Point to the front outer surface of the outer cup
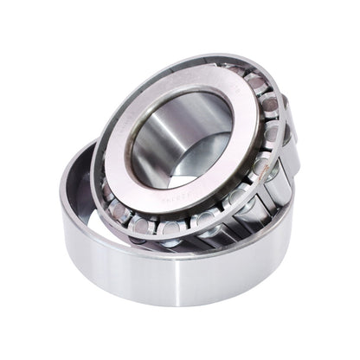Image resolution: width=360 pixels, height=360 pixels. click(173, 277)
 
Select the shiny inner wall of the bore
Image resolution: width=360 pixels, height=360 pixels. click(160, 143)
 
